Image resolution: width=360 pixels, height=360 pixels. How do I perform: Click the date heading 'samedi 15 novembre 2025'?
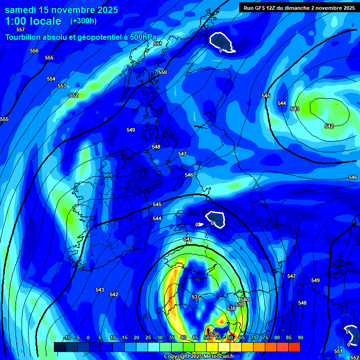click(61, 10)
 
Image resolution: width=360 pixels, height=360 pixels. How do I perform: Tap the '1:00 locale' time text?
click(33, 21)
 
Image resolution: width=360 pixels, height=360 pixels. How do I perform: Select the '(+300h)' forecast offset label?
click(83, 21)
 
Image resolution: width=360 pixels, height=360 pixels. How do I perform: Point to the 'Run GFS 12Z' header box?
click(299, 7)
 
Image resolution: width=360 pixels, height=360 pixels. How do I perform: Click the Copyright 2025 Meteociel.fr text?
click(199, 356)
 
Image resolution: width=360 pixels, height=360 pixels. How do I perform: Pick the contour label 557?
click(21, 30)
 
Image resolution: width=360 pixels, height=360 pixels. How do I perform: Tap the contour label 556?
click(34, 51)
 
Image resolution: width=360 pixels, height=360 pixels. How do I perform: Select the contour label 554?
click(51, 79)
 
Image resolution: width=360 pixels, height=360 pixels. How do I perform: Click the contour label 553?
click(62, 86)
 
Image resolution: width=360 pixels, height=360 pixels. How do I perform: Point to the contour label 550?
click(163, 72)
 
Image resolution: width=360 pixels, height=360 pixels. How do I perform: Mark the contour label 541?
click(188, 239)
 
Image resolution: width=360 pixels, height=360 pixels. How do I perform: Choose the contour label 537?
click(196, 297)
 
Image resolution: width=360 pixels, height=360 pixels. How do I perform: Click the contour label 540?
click(245, 300)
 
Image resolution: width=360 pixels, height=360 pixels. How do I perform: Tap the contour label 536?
click(215, 334)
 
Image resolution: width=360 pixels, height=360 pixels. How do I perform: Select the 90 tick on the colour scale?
click(300, 337)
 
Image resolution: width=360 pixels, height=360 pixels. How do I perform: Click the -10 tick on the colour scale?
click(67, 337)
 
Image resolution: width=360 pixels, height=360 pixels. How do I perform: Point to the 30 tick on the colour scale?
click(159, 337)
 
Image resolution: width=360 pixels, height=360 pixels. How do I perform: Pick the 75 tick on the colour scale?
click(265, 337)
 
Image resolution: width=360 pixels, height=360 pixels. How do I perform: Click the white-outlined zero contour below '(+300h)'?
click(221, 42)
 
